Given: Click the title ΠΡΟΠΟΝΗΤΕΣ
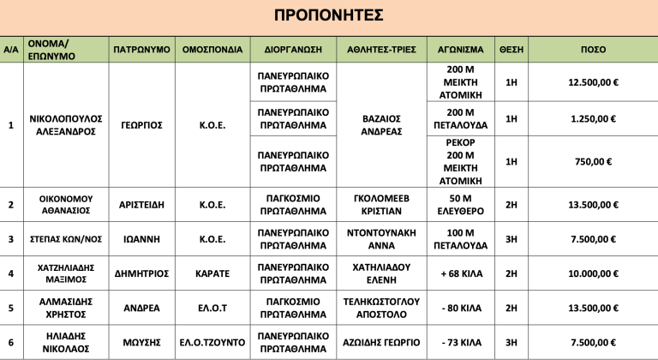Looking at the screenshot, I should click(328, 16).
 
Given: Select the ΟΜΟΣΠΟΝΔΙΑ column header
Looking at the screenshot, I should click(213, 49).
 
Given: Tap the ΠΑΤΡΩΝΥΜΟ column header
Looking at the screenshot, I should click(141, 49).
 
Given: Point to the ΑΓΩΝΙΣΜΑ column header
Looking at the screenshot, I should click(460, 49).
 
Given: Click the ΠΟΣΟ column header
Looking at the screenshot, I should click(594, 49).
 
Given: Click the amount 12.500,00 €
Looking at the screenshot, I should click(594, 82).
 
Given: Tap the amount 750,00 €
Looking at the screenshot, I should click(594, 161).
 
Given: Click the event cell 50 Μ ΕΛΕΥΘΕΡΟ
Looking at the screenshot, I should click(460, 205).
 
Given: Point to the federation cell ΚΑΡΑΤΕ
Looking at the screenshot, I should click(213, 273).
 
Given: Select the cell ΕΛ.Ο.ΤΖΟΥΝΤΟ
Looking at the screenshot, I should click(213, 342).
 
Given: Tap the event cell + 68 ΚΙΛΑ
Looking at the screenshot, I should click(460, 273).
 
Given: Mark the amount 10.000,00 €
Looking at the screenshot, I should click(594, 273).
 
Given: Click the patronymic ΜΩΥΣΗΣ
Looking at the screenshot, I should click(141, 342).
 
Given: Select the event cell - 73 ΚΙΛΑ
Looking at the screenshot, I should click(460, 342).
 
